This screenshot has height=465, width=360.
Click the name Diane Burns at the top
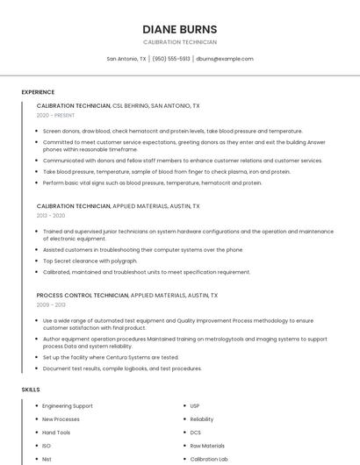coord(180,29)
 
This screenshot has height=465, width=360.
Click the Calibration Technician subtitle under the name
coord(180,42)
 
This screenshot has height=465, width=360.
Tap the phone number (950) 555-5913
coord(170,59)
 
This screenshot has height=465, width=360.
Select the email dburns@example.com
coord(225,59)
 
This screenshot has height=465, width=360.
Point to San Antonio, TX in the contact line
coord(126,59)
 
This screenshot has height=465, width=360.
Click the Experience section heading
coord(38,92)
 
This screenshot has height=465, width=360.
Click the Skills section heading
coord(31,389)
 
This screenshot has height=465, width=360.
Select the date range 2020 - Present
coord(55,115)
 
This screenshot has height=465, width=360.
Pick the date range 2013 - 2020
coord(51,215)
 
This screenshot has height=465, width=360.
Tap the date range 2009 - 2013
coord(51,304)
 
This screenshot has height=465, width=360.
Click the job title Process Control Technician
coord(82,296)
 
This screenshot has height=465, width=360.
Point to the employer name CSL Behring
coord(130,105)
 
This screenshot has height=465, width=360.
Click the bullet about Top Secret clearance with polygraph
coord(90,261)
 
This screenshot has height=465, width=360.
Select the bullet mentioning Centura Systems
coord(111,357)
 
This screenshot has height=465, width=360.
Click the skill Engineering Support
coord(68,406)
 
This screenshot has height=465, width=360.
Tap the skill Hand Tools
coord(56,433)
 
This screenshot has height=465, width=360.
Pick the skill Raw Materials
coord(207,446)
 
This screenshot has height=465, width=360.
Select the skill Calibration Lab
coord(209,459)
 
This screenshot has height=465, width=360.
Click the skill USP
coord(195,406)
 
